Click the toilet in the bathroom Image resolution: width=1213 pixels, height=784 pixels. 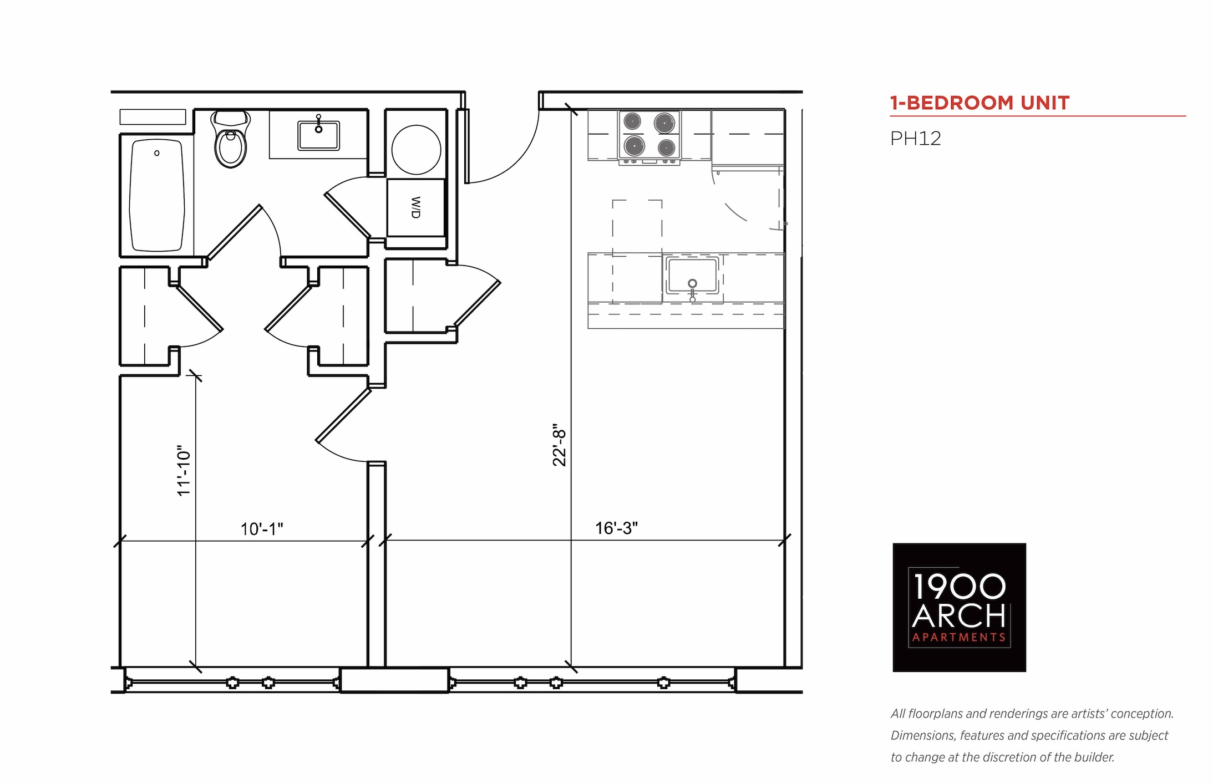(230, 139)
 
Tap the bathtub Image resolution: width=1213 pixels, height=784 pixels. (157, 195)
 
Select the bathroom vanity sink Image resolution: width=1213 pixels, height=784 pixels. (318, 135)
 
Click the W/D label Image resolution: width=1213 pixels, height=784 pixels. (416, 207)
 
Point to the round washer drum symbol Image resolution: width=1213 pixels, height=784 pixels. (416, 150)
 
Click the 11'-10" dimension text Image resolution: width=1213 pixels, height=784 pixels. (184, 471)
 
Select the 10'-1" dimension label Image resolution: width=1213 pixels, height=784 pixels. (262, 529)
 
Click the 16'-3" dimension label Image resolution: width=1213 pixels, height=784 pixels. (616, 528)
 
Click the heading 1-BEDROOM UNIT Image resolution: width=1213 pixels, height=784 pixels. (979, 103)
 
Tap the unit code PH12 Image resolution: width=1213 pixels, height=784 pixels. (916, 139)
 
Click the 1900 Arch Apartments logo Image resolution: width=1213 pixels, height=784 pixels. (959, 607)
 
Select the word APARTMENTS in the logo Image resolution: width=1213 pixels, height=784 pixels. (959, 638)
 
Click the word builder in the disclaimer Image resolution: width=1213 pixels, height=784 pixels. (1095, 757)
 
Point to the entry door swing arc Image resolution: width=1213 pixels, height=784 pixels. (516, 161)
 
